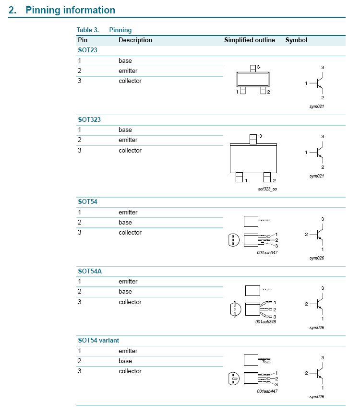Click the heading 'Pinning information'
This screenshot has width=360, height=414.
pos(70,10)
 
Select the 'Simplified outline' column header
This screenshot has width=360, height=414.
pos(250,40)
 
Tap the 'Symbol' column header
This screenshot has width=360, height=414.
pos(296,40)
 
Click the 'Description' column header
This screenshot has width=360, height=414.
pos(135,40)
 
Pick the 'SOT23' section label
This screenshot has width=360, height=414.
pos(87,50)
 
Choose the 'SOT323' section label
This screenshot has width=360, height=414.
pos(89,119)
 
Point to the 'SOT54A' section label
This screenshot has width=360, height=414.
pos(90,271)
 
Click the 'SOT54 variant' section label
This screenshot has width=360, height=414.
pos(98,340)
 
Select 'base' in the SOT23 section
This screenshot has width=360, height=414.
pos(125,61)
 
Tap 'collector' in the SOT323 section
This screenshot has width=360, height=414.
pos(130,151)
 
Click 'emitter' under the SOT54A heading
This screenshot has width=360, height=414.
pos(128,282)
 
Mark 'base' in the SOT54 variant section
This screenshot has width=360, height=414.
pos(125,361)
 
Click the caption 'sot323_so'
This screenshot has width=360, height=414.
pos(267,189)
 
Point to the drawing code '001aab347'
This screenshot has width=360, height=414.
pos(267,252)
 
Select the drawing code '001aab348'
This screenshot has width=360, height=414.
pos(266,321)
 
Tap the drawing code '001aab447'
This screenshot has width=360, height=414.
pos(267,391)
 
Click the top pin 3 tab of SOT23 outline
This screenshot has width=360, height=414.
pos(252,69)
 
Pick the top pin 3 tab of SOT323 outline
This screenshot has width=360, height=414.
pos(253,139)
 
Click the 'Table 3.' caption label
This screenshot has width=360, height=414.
pos(88,30)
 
